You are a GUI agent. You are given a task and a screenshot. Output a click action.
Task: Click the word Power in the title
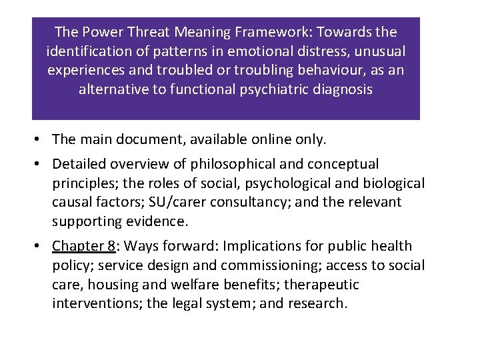(x=101, y=32)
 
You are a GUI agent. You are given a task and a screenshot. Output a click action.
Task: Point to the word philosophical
(x=227, y=164)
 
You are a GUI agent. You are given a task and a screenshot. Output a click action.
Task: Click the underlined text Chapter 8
(x=83, y=246)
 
